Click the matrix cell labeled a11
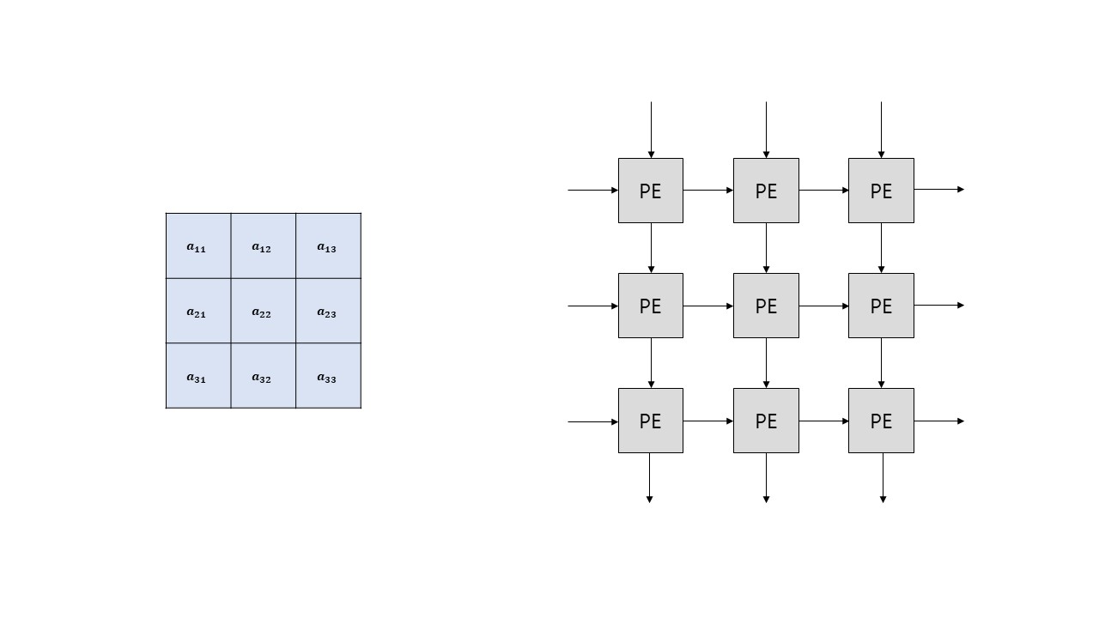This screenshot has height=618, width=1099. click(198, 246)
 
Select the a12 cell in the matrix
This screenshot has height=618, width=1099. click(263, 246)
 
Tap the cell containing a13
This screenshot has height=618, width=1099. click(328, 246)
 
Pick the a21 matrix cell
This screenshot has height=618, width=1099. click(198, 312)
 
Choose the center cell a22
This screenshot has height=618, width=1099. click(263, 312)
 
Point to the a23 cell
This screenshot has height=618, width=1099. click(328, 312)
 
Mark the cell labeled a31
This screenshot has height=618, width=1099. click(198, 376)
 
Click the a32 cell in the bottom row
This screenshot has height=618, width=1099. click(263, 376)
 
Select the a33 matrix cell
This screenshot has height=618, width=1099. click(328, 376)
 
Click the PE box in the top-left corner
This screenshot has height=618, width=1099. click(651, 191)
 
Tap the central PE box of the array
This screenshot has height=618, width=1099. click(766, 306)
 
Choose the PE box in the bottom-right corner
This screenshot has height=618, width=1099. click(881, 421)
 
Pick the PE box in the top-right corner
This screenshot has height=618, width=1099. click(881, 191)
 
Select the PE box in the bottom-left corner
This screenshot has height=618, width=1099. click(651, 421)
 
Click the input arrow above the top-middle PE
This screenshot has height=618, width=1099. click(766, 130)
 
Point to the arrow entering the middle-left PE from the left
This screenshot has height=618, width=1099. click(593, 306)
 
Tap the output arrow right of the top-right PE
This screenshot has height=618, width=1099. click(939, 190)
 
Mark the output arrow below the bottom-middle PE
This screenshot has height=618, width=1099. click(766, 477)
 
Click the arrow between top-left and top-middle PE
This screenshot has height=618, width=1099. click(708, 191)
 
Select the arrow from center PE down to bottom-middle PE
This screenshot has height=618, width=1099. click(766, 363)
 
